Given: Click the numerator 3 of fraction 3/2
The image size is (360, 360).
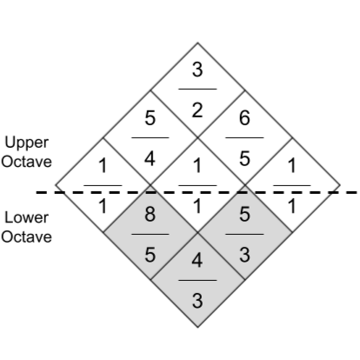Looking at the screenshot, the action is pos(197,70).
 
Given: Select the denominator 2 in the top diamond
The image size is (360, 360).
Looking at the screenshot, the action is pos(197,110).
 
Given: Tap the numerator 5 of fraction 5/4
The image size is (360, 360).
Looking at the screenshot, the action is pos(150,118).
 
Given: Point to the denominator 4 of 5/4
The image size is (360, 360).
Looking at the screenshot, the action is pos(150,159).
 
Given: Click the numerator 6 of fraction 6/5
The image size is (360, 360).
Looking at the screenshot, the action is pos(244,118).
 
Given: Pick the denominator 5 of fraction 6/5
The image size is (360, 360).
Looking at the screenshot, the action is pos(244,159).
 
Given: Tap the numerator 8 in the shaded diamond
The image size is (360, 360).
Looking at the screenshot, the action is pos(150,214).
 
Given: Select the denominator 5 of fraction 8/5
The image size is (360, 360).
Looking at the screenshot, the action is pos(150,255).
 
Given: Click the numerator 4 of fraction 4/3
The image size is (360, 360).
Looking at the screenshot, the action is pos(197,260).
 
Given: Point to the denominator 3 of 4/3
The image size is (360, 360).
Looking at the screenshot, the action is pos(197,301).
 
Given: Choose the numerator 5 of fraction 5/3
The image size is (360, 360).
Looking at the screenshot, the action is pos(244,214).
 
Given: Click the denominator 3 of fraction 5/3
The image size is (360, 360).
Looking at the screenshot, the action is pos(244,255).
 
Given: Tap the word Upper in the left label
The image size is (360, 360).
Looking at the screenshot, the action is pos(27,143).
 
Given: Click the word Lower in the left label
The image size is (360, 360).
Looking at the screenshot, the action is pos(27,217).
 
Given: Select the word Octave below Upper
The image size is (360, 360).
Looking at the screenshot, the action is pos(26,162).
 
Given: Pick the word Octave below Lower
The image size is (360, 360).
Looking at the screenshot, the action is pos(26,237).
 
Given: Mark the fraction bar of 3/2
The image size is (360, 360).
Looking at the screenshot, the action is pos(197,89).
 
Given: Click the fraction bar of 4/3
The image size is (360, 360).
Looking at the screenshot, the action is pos(197,280).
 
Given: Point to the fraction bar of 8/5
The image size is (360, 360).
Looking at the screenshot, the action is pos(150,234).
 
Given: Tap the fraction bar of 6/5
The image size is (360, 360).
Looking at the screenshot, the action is pos(244,137).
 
